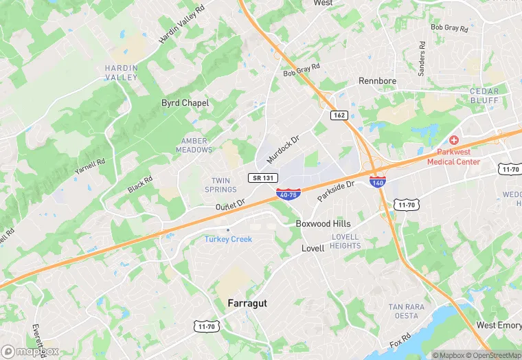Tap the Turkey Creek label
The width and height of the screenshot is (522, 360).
[x=228, y=239]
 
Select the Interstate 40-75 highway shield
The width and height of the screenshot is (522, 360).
[x=288, y=194]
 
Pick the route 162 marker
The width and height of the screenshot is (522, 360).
[x=339, y=115]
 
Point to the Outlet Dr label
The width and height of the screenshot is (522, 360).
[x=230, y=205]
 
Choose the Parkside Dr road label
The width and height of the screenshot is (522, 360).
[x=335, y=191]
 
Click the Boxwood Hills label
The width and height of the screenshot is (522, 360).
[x=323, y=224]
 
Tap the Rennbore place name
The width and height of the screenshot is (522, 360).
[x=377, y=81]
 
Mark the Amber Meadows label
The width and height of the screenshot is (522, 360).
[x=194, y=146]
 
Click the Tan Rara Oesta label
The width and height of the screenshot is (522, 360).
[x=403, y=311]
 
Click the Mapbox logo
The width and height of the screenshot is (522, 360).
[x=30, y=351]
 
